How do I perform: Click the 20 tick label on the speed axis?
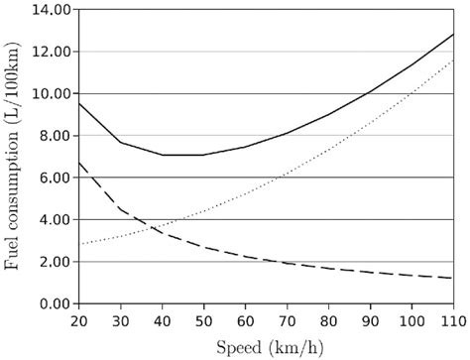click(x=77, y=321)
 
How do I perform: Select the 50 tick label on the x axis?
click(x=202, y=321)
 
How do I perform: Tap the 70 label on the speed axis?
click(x=287, y=321)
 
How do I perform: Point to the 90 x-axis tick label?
click(x=370, y=321)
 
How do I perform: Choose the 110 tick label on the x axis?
click(x=452, y=321)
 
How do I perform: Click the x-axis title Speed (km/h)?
click(x=265, y=346)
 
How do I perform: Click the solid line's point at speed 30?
click(x=119, y=142)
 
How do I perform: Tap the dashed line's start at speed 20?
click(x=77, y=163)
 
